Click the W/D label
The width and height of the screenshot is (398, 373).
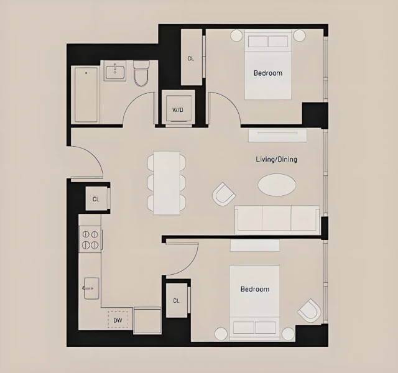(x=178, y=110)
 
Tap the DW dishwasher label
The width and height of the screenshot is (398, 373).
(x=118, y=321)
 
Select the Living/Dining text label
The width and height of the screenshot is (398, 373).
(x=277, y=159)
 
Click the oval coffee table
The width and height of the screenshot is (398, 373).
(x=277, y=185)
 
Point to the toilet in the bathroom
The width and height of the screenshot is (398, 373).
(x=141, y=73)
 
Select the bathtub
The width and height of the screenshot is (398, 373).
(x=86, y=94)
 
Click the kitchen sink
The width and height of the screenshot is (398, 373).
(x=91, y=286)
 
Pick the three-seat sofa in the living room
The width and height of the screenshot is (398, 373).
(x=277, y=219)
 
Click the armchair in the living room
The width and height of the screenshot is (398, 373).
(x=223, y=195)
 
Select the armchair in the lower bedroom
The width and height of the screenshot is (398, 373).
(x=309, y=310)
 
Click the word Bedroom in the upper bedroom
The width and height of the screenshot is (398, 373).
(x=268, y=73)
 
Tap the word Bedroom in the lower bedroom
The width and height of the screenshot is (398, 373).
(x=255, y=289)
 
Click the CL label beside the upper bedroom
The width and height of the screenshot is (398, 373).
(x=191, y=59)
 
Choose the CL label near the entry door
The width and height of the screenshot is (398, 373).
(x=96, y=200)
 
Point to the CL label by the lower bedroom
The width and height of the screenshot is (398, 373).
(x=176, y=300)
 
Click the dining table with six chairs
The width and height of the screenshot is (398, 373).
(x=166, y=183)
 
